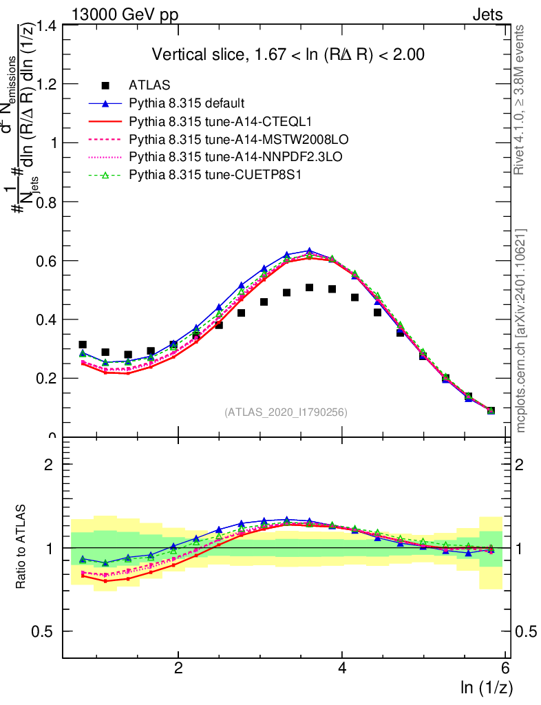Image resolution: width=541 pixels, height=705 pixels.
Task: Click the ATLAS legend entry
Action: (x=149, y=85)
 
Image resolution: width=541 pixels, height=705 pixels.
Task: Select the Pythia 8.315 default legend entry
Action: (x=187, y=103)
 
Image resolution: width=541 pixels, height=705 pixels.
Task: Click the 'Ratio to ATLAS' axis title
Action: (x=21, y=547)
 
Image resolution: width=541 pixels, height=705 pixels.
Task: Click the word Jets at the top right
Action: (x=487, y=14)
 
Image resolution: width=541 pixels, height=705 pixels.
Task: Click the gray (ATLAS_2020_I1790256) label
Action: (x=285, y=412)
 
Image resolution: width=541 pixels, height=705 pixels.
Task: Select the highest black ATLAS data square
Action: (x=310, y=288)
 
